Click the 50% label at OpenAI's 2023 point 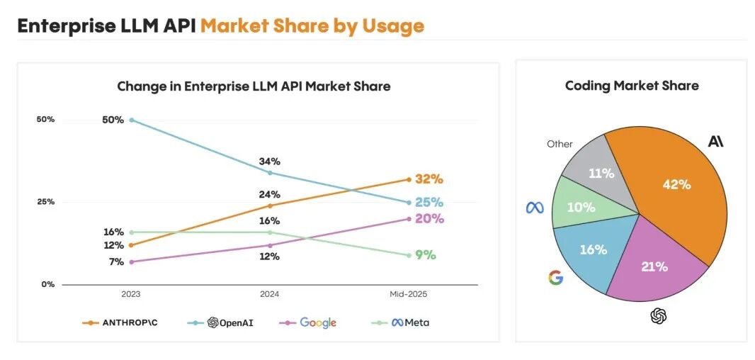[x=113, y=120]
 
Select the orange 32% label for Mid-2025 [x=429, y=179]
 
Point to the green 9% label [x=426, y=255]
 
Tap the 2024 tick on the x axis [x=270, y=293]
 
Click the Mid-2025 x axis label [x=409, y=293]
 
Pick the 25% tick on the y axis [x=45, y=202]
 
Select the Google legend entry [x=310, y=322]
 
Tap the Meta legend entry [x=402, y=322]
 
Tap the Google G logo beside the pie [x=556, y=278]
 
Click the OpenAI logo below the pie [x=659, y=316]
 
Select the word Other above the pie [x=560, y=144]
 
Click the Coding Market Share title [x=632, y=86]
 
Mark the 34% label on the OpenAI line [x=270, y=162]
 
